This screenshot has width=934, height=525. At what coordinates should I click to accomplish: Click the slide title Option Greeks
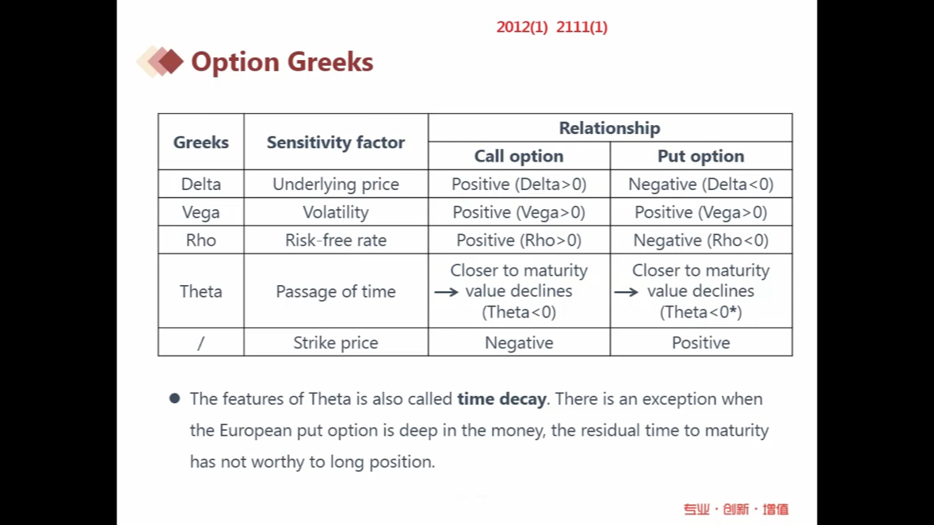click(x=282, y=62)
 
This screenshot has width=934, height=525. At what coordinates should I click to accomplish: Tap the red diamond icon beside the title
click(x=170, y=61)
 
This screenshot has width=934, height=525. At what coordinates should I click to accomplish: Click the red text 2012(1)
click(x=522, y=28)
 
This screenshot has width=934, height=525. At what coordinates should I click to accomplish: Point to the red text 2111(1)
click(x=582, y=28)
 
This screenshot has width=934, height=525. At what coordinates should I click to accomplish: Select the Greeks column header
click(x=200, y=143)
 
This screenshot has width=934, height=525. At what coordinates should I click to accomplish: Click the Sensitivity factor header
click(x=336, y=143)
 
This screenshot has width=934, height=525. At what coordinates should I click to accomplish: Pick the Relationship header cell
click(x=609, y=128)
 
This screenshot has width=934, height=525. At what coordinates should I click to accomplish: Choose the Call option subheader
click(x=519, y=156)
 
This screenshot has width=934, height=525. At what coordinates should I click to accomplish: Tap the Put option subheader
click(x=701, y=156)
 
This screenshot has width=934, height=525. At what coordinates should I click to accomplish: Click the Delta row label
click(x=200, y=184)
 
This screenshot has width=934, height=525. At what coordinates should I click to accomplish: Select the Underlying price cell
click(x=336, y=185)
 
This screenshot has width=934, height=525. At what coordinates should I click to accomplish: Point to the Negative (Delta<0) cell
click(x=701, y=185)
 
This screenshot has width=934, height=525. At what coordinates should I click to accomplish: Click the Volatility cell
click(x=336, y=212)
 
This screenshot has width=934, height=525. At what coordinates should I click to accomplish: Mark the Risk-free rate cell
click(x=336, y=241)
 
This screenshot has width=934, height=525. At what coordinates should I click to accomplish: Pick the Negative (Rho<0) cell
click(x=701, y=241)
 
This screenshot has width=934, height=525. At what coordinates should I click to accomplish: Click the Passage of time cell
click(x=336, y=291)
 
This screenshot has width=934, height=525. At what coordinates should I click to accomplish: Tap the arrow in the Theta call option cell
click(x=446, y=291)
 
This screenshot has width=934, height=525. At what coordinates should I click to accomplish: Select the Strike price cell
click(x=336, y=343)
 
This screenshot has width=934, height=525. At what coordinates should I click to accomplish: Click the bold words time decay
click(x=501, y=399)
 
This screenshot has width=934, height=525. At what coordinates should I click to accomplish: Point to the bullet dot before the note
click(x=174, y=398)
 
